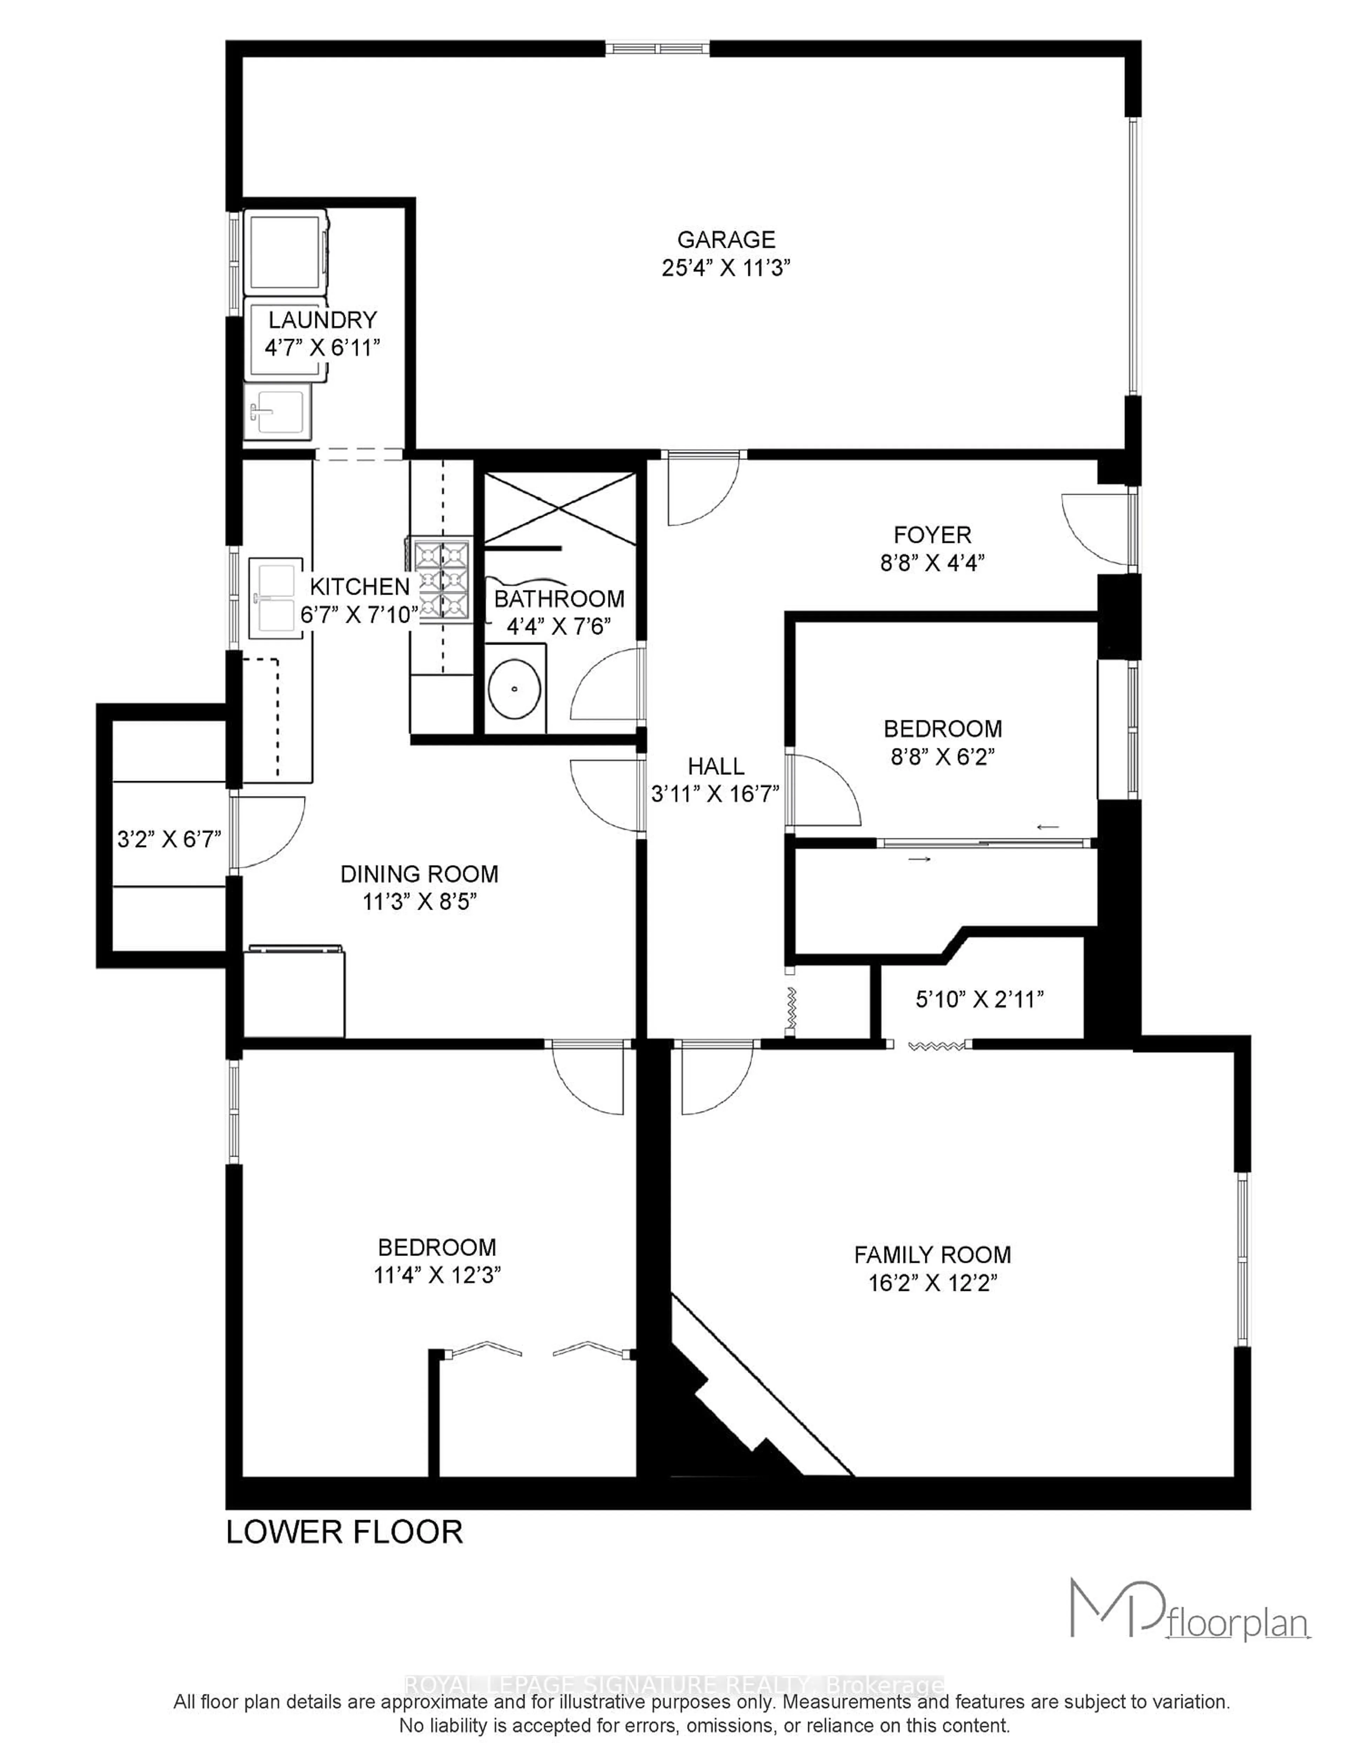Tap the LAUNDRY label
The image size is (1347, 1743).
pyautogui.click(x=322, y=320)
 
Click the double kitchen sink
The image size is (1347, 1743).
pyautogui.click(x=275, y=598)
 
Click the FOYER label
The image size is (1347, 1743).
pyautogui.click(x=932, y=535)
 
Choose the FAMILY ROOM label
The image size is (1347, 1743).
pyautogui.click(x=932, y=1255)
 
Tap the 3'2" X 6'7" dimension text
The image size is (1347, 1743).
pyautogui.click(x=169, y=839)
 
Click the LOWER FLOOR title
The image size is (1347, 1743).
pyautogui.click(x=345, y=1531)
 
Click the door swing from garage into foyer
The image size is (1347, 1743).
pyautogui.click(x=702, y=491)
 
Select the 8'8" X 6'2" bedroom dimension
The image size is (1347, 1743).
pyautogui.click(x=943, y=756)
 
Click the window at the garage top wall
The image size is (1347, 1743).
pyautogui.click(x=657, y=49)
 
